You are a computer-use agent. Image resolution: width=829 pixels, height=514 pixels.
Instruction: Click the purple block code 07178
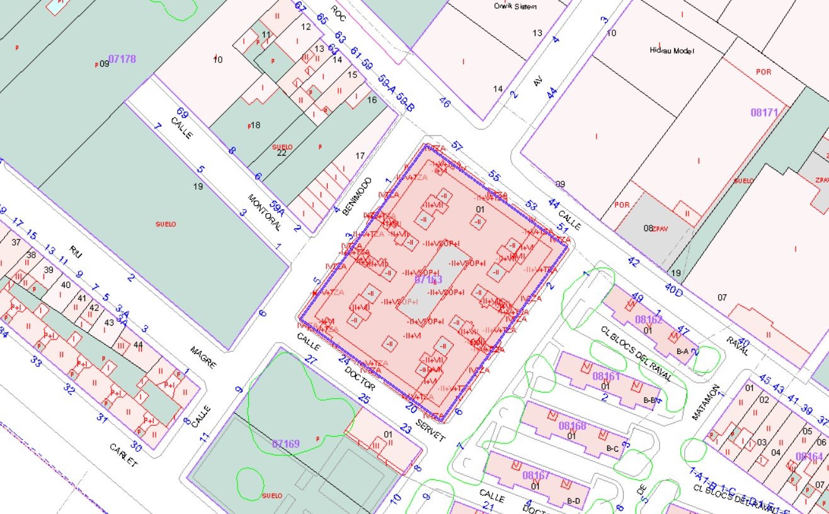[x=122, y=59]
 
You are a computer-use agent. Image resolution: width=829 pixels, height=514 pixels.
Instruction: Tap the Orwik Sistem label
[x=515, y=6]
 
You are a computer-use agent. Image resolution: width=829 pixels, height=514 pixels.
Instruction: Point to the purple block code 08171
[x=765, y=113]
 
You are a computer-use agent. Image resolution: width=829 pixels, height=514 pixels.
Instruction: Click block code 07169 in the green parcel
[x=285, y=444]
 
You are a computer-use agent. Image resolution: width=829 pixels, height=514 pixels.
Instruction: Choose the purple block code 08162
[x=649, y=319]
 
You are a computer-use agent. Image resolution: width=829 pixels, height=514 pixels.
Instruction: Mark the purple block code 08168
[x=573, y=426]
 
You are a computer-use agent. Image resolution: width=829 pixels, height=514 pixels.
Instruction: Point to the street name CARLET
[x=123, y=455]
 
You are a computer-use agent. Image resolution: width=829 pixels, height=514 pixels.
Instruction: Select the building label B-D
[x=573, y=501]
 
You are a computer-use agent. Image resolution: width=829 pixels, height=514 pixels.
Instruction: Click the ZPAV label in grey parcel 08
[x=660, y=228]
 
